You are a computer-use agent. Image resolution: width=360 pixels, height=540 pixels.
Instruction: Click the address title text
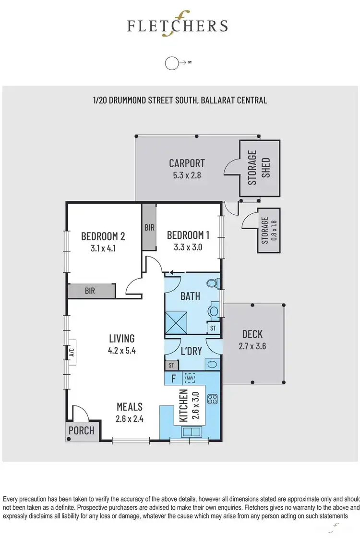[180, 100]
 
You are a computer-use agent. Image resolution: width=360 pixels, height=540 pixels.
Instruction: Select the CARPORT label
[187, 163]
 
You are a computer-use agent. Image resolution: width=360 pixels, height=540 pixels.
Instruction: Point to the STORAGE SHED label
[259, 168]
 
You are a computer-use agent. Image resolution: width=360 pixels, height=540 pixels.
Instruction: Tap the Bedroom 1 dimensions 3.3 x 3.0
[188, 247]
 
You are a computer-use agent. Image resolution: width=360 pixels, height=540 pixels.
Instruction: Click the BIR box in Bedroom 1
[149, 227]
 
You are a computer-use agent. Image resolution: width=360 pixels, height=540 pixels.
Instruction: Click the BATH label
[190, 296]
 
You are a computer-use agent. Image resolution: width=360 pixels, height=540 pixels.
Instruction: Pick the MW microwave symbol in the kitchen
[190, 379]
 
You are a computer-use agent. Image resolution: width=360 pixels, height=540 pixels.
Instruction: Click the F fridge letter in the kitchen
[173, 379]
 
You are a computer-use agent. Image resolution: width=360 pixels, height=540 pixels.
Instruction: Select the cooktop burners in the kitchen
[212, 399]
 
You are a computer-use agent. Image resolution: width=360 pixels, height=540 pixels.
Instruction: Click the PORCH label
[81, 430]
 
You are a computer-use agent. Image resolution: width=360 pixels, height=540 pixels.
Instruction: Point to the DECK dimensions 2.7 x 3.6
[252, 345]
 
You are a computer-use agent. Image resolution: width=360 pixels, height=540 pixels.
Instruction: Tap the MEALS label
[129, 407]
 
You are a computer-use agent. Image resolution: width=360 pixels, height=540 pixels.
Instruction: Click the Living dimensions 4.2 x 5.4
[121, 350]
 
